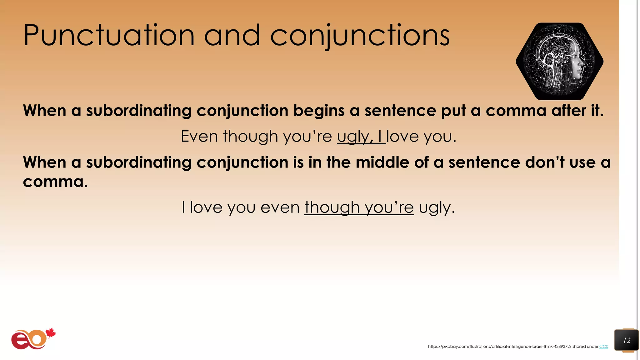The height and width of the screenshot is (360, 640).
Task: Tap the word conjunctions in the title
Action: pyautogui.click(x=360, y=36)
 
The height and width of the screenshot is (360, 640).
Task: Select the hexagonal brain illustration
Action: pyautogui.click(x=559, y=61)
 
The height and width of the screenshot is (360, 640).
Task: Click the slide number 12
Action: pyautogui.click(x=626, y=340)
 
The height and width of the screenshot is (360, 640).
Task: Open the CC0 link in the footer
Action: pyautogui.click(x=603, y=346)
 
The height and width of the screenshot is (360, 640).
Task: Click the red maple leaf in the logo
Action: pyautogui.click(x=51, y=333)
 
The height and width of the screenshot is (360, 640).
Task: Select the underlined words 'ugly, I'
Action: pyautogui.click(x=361, y=137)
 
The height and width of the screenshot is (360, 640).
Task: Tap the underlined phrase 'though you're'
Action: pyautogui.click(x=359, y=207)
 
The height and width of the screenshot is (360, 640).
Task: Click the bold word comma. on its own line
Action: pyautogui.click(x=55, y=182)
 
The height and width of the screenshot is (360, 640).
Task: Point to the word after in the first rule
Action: pyautogui.click(x=569, y=111)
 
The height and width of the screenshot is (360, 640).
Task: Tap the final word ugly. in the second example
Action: pyautogui.click(x=437, y=208)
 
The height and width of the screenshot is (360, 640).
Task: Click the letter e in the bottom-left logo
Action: pyautogui.click(x=19, y=340)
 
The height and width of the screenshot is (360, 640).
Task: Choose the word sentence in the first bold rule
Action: pyautogui.click(x=400, y=111)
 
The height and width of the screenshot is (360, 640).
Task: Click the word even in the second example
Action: pyautogui.click(x=280, y=207)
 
